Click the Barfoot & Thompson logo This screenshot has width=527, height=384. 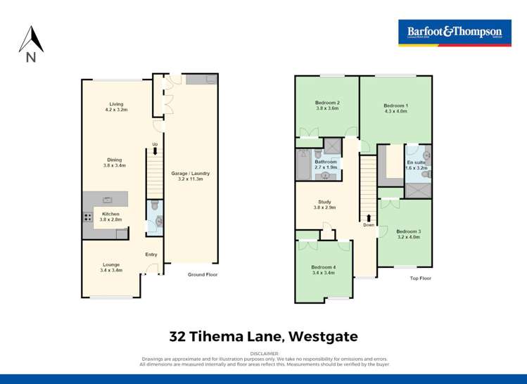point(454,32)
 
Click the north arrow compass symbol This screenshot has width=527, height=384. point(31,44)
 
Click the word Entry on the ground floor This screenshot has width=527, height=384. point(151,255)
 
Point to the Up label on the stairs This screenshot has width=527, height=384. point(155,145)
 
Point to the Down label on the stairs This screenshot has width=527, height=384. point(369,225)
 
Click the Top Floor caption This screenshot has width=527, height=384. point(421,279)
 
